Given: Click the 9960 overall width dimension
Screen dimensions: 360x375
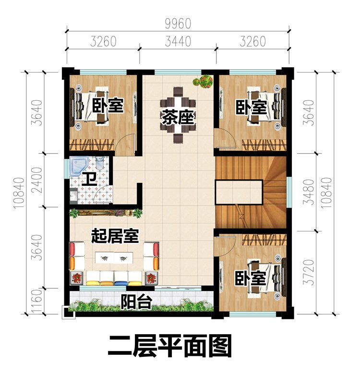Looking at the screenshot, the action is [178, 24].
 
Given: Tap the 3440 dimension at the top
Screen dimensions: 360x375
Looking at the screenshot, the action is [178, 41].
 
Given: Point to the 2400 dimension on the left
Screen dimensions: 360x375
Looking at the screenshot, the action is [37, 180].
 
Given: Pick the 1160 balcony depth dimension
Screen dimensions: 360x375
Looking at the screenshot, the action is [37, 301].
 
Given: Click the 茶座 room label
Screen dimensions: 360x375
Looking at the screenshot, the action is [178, 117].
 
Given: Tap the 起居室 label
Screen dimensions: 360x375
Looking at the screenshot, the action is [115, 236].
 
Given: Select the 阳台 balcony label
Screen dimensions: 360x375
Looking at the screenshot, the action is [136, 302].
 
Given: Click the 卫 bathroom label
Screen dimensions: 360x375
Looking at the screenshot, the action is [89, 180].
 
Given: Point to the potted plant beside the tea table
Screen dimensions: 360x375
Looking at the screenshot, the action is [204, 81].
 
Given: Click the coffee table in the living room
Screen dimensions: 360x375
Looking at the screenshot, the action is [114, 258].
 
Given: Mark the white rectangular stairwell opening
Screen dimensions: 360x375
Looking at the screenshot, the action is [239, 192].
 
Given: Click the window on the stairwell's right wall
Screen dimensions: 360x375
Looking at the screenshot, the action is [289, 192].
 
